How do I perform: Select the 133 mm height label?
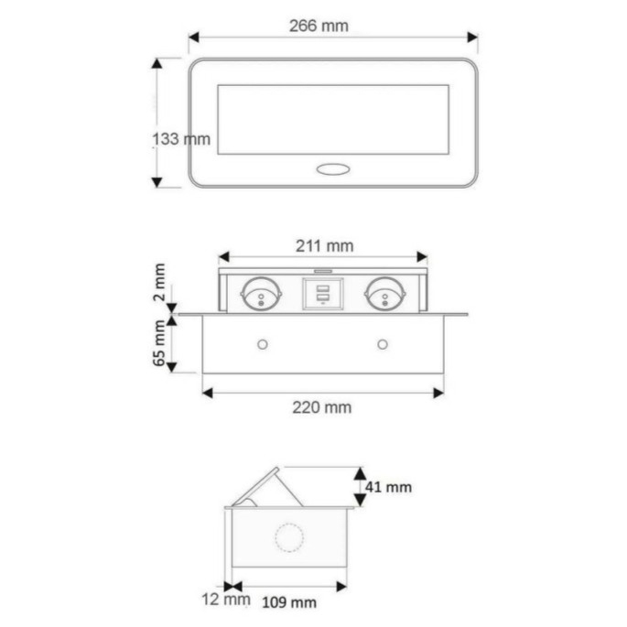[180, 139]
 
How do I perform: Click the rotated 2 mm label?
[160, 282]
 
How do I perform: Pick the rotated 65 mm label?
[160, 343]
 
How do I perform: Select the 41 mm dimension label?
[388, 487]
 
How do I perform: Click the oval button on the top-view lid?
[332, 168]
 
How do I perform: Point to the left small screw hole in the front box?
[263, 344]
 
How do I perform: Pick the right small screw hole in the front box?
[382, 344]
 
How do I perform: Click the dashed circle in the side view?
[290, 538]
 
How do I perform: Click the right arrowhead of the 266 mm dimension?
[472, 38]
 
